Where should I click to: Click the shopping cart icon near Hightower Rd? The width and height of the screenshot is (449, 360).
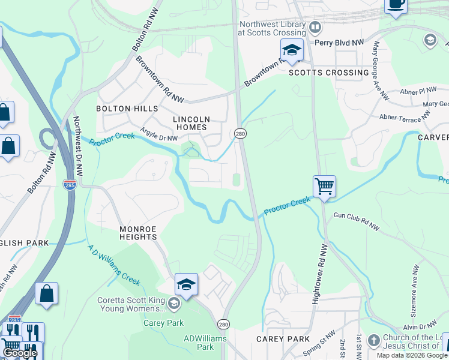(324, 186)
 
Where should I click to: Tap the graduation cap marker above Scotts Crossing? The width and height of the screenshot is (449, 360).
(292, 50)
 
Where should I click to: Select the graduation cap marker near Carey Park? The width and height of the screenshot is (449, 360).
(186, 284)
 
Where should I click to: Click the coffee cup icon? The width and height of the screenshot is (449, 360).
(396, 4)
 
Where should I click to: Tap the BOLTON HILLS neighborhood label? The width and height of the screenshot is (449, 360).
(127, 109)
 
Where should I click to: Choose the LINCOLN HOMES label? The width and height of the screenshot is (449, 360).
(190, 123)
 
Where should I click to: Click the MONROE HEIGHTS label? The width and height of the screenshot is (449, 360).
(130, 233)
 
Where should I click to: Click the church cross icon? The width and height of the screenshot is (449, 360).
(373, 340)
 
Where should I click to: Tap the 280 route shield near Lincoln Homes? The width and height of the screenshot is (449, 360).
(240, 133)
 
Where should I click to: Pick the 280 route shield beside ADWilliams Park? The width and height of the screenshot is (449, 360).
(223, 325)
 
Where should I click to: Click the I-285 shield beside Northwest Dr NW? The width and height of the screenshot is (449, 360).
(70, 185)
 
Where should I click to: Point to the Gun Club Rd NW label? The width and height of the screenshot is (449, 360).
(357, 221)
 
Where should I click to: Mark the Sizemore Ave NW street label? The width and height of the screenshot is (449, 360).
(415, 282)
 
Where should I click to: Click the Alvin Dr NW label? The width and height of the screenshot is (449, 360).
(419, 327)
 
